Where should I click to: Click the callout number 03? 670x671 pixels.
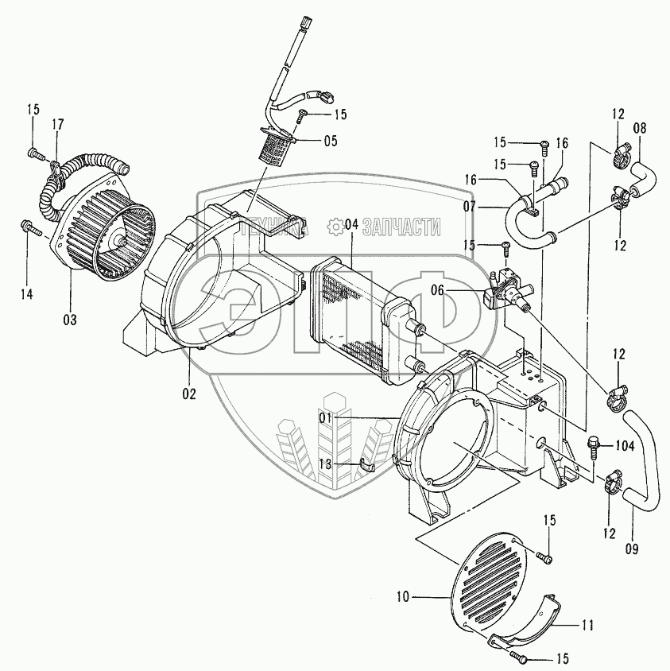coord(70,320)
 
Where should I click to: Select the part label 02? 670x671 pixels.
coord(188,392)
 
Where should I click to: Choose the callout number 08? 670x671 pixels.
coord(640,126)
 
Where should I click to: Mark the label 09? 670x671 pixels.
coord(633,548)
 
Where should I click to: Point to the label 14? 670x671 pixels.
coord(27,294)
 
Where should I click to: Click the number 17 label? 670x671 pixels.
coord(58,123)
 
